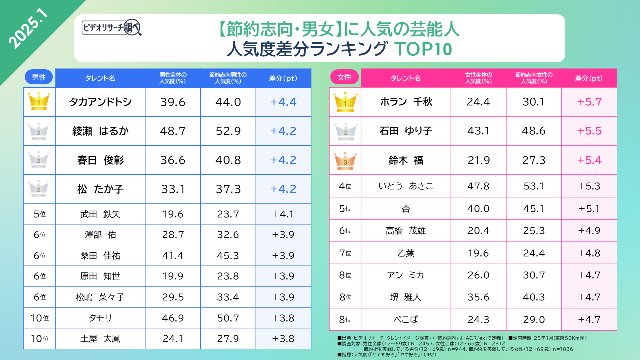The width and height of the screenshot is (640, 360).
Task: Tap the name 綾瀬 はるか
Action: [x=100, y=131]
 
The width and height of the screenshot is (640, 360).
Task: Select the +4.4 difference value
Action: [x=283, y=102]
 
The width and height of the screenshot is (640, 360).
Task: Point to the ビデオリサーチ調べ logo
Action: [x=111, y=28]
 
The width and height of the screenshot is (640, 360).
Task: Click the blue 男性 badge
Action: [x=39, y=77]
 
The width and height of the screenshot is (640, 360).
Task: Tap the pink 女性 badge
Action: [x=344, y=77]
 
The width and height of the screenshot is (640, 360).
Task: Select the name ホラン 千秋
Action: [x=405, y=102]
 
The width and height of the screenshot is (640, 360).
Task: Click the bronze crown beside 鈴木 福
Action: [x=345, y=160]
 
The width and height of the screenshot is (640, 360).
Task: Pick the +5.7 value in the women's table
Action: [x=589, y=102]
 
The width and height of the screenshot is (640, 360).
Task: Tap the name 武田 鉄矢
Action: [x=100, y=214]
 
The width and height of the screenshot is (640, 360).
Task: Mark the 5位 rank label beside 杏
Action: [x=345, y=209]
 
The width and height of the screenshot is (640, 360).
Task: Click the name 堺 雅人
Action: [x=405, y=297]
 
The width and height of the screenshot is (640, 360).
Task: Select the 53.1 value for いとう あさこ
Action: [x=533, y=186]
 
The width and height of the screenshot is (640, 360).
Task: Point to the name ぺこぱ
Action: [x=405, y=319]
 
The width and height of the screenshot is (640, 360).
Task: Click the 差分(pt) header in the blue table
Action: [x=283, y=78]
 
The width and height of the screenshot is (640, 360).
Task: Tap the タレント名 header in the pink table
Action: [x=405, y=78]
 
